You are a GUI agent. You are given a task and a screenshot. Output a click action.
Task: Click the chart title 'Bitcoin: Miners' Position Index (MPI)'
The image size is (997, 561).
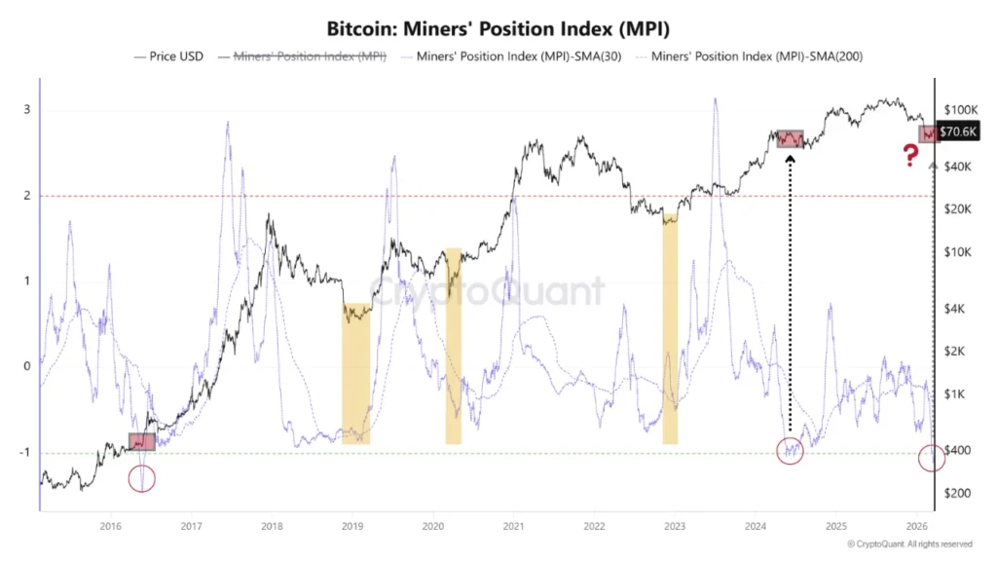[x=498, y=28]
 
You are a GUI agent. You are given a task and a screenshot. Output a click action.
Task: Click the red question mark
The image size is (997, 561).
[x=910, y=156]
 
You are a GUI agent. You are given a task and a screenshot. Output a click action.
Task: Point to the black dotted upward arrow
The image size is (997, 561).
[x=789, y=292]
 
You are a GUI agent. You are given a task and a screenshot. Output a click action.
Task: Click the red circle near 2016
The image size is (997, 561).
[x=143, y=478]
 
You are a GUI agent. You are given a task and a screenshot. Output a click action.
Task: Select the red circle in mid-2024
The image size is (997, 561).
[x=791, y=451]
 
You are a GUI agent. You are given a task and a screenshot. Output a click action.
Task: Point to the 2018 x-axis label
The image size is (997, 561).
[x=272, y=525]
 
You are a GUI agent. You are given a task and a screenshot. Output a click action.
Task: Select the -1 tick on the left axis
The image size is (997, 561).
[x=27, y=453]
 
